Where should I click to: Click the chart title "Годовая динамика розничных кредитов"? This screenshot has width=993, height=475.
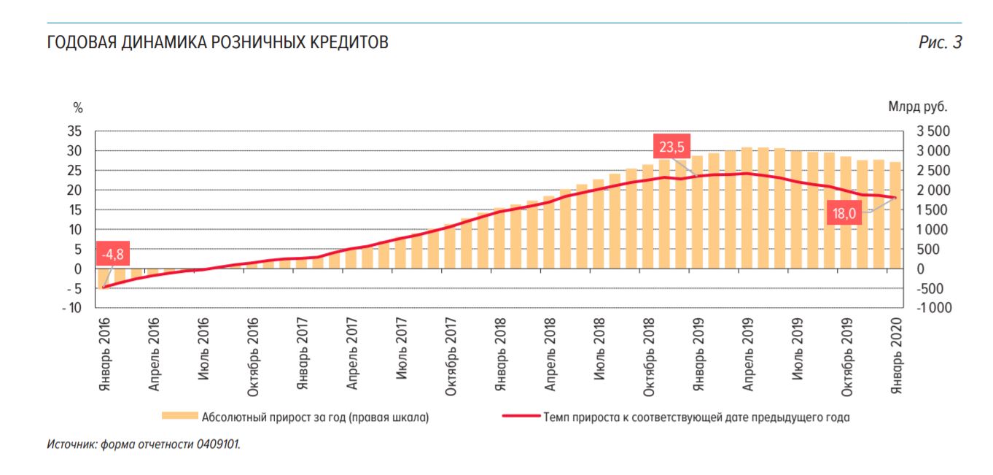tap(217, 43)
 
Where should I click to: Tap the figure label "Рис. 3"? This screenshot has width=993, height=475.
tap(940, 43)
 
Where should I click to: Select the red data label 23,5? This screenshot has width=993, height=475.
tap(671, 147)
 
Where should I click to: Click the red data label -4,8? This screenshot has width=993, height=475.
tap(113, 255)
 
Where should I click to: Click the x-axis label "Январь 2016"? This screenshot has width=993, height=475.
tap(104, 353)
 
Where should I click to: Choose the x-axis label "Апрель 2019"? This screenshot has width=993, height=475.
tap(748, 355)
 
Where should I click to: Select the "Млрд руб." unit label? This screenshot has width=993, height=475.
tap(917, 107)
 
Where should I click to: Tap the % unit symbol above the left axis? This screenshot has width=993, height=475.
tap(78, 107)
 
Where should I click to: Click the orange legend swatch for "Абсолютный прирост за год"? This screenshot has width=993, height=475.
tap(179, 417)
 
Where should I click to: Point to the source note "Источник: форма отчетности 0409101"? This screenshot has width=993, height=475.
tap(143, 444)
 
